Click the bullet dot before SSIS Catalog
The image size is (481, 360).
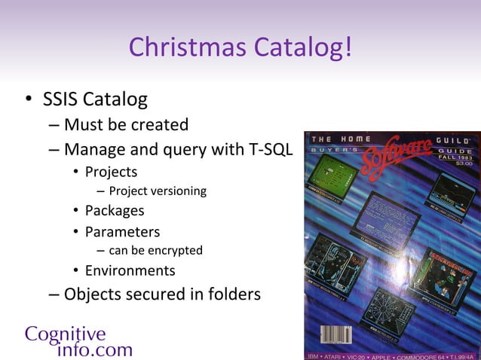(x=27, y=99)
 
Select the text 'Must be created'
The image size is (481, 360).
(x=126, y=124)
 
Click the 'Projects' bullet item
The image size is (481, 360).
(x=111, y=172)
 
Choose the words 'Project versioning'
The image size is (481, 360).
(x=158, y=191)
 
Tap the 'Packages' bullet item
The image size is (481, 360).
(x=114, y=211)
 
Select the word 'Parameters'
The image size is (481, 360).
(x=122, y=231)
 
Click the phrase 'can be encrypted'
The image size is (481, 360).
(x=155, y=250)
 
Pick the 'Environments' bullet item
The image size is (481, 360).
(x=130, y=270)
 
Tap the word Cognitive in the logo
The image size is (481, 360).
(x=65, y=334)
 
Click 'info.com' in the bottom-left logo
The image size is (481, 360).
(x=94, y=349)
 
